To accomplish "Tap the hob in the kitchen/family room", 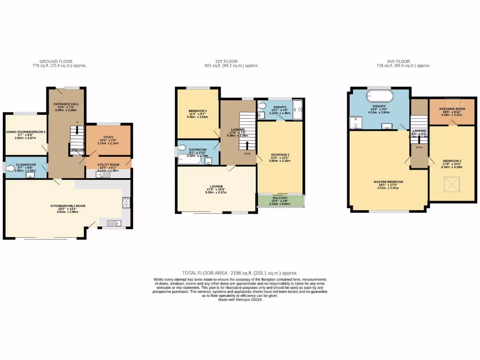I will pyautogui.click(x=126, y=202).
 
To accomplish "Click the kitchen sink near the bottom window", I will pyautogui.click(x=112, y=223).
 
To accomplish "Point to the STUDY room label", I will pyautogui.click(x=108, y=137).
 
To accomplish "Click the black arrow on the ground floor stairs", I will pyautogui.click(x=77, y=130).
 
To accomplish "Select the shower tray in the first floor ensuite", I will pyautogui.click(x=297, y=110).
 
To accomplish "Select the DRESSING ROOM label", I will pyautogui.click(x=452, y=109).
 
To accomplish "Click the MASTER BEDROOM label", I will pyautogui.click(x=388, y=182).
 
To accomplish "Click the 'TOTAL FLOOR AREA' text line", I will pyautogui.click(x=240, y=273).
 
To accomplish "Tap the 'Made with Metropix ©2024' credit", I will pyautogui.click(x=240, y=300).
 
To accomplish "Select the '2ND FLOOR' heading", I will pyautogui.click(x=398, y=61).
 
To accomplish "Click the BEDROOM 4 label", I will pyautogui.click(x=197, y=111).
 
